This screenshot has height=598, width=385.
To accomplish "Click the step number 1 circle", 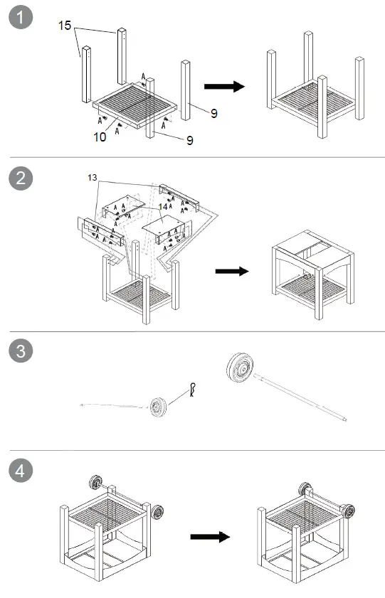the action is [x=21, y=17].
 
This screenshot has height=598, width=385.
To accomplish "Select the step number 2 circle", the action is [x=21, y=178].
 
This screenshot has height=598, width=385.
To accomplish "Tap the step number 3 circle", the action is [x=21, y=351].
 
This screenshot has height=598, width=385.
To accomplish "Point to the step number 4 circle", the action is [x=21, y=470].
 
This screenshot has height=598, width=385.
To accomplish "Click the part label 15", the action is [x=65, y=26].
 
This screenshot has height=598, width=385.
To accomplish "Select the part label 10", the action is [x=100, y=137].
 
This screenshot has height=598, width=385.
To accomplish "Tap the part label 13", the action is [x=93, y=177].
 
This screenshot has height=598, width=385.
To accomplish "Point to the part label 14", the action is [x=163, y=207].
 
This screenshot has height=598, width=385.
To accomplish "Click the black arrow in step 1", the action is [x=224, y=87].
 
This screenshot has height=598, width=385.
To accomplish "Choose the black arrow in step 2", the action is [x=232, y=271].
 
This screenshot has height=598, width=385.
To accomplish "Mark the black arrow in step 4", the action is [x=210, y=537].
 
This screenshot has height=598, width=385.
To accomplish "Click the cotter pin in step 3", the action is [x=193, y=390].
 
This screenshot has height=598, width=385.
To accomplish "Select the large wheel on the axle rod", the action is [x=240, y=367].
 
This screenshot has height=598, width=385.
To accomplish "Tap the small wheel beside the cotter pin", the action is [x=158, y=407].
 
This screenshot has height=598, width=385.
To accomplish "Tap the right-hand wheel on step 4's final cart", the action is [x=347, y=511].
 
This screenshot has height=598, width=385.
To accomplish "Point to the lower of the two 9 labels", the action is [x=189, y=140].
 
